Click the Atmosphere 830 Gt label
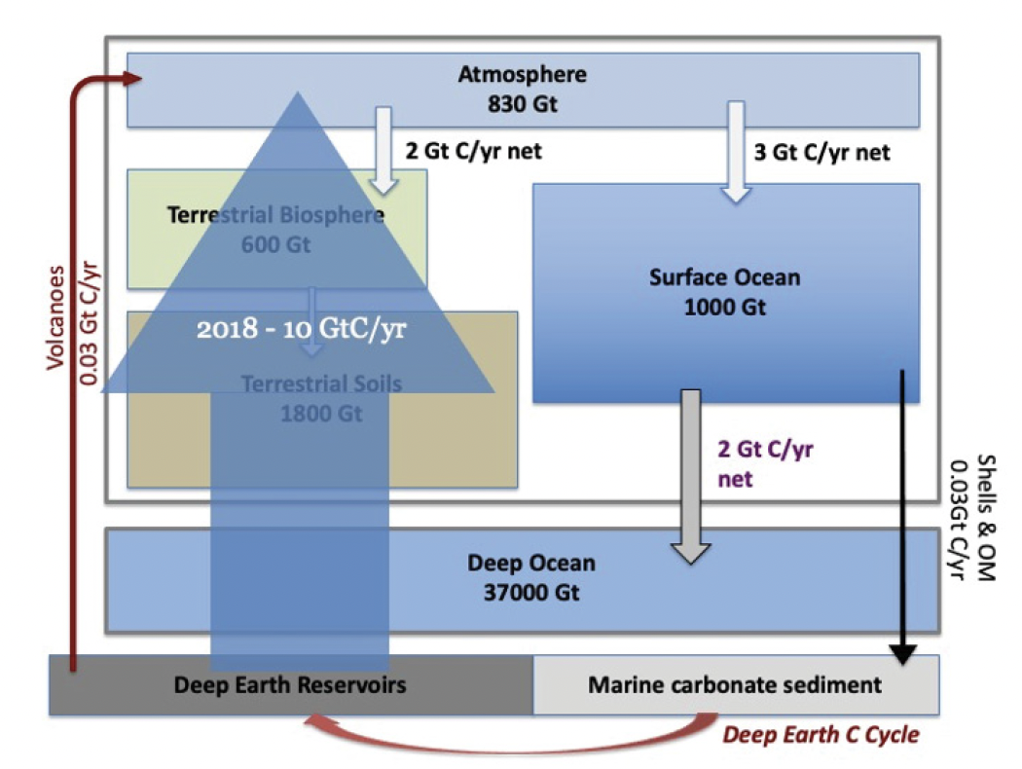[523, 89]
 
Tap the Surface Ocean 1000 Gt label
[724, 291]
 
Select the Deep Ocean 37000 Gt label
[530, 576]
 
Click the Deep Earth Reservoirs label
[290, 684]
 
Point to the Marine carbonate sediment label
[735, 684]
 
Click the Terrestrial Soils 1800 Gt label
[321, 397]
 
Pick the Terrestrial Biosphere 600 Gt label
[276, 229]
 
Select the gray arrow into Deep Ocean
[690, 477]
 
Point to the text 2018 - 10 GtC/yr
[301, 329]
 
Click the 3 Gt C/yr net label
[821, 152]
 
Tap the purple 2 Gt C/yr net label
[764, 463]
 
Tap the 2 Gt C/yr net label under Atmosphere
[472, 152]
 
